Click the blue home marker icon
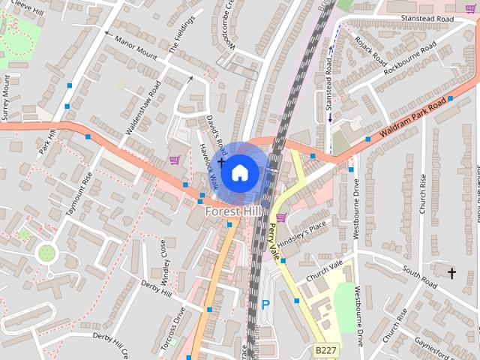(239, 172)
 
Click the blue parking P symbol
(265, 305)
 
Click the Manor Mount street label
(136, 46)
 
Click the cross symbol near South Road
(451, 274)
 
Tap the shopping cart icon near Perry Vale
(281, 217)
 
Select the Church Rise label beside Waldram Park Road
(423, 193)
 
